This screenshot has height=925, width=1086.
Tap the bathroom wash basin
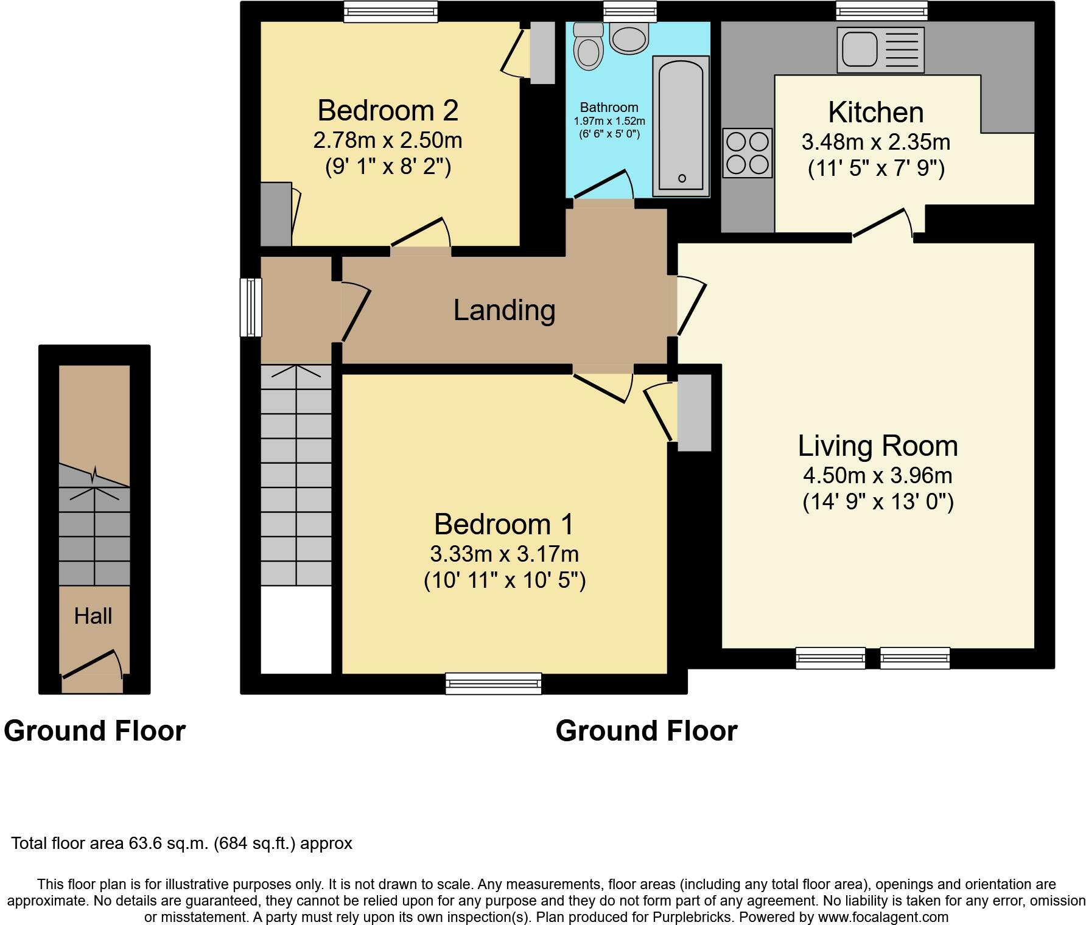(629, 40)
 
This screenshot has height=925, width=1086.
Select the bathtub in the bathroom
(681, 126)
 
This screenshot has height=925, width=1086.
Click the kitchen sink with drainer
(880, 50)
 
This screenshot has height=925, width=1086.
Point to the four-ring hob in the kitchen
(748, 153)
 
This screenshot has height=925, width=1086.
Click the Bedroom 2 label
(388, 110)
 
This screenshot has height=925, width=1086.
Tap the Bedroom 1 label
(504, 524)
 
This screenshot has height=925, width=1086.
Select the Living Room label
(878, 445)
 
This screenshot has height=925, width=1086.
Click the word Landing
(504, 310)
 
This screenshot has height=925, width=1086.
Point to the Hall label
(93, 616)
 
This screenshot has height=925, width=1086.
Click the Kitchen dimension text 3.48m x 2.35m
(876, 142)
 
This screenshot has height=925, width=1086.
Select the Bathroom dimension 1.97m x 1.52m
(609, 121)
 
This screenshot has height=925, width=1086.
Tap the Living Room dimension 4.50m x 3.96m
(878, 475)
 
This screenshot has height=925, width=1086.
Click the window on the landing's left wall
(251, 307)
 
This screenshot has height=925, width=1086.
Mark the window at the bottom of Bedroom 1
(494, 683)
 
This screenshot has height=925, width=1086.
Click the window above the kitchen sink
(882, 10)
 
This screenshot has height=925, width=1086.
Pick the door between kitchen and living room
(883, 223)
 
